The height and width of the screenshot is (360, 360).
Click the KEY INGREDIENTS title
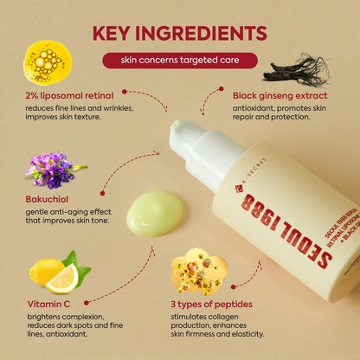tap(179, 34)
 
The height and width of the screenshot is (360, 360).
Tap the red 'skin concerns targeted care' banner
tap(179, 61)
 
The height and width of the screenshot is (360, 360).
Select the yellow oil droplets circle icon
tap(48, 61)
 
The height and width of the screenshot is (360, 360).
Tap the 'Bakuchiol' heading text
tap(48, 198)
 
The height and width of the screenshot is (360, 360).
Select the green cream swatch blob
tap(154, 212)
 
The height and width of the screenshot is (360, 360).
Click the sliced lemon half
tap(61, 278)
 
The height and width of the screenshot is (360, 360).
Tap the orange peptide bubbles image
tap(198, 270)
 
